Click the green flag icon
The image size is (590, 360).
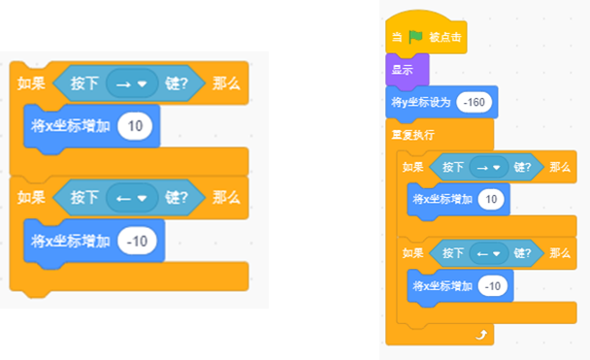[415, 37]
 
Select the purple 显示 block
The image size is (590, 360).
[408, 70]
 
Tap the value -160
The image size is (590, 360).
[475, 102]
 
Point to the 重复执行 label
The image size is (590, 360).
[412, 135]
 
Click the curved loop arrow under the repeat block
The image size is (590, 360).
[481, 335]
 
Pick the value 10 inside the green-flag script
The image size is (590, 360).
[491, 199]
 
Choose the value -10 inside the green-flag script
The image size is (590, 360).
[493, 286]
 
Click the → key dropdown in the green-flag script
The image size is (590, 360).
[489, 168]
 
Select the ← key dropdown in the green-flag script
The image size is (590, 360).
[489, 254]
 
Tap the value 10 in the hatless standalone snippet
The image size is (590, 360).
[135, 126]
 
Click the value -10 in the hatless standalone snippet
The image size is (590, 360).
[137, 241]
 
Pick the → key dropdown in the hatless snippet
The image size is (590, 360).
[132, 83]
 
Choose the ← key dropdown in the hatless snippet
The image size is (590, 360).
[132, 198]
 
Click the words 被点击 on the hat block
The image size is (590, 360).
[445, 37]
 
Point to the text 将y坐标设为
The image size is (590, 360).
[421, 102]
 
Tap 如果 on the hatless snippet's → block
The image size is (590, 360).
[31, 83]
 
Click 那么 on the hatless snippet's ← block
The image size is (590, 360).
[226, 198]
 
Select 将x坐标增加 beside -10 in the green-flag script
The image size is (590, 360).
[442, 286]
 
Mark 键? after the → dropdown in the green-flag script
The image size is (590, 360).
[522, 167]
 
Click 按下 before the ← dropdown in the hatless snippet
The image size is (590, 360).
[84, 198]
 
